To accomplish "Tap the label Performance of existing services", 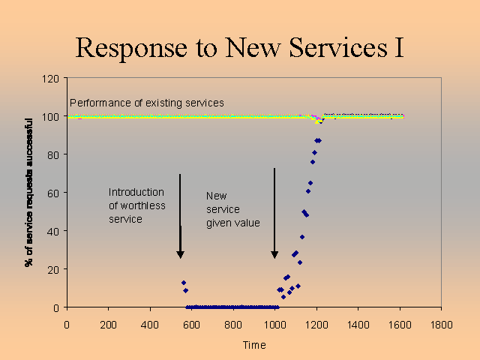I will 147,102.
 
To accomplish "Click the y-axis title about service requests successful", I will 29,192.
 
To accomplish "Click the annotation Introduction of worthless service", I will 137,205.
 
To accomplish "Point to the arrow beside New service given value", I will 274,214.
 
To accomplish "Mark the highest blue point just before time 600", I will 183,283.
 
